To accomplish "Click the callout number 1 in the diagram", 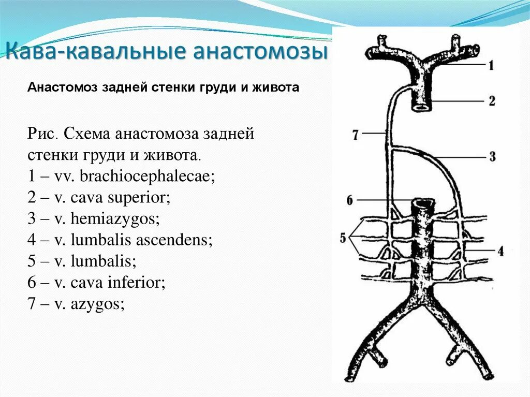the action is pos(491,65).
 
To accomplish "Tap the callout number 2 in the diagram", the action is pos(491,100).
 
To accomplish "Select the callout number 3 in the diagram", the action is pos(492,156).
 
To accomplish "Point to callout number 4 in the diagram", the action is pos(500,252).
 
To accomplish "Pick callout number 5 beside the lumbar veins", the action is pos(343,239).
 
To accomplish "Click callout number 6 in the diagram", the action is pos(350,200).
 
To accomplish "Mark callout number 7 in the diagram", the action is pos(355,135).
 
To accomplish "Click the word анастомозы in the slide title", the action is pos(258,52).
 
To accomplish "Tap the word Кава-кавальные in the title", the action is pos(90,52).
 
